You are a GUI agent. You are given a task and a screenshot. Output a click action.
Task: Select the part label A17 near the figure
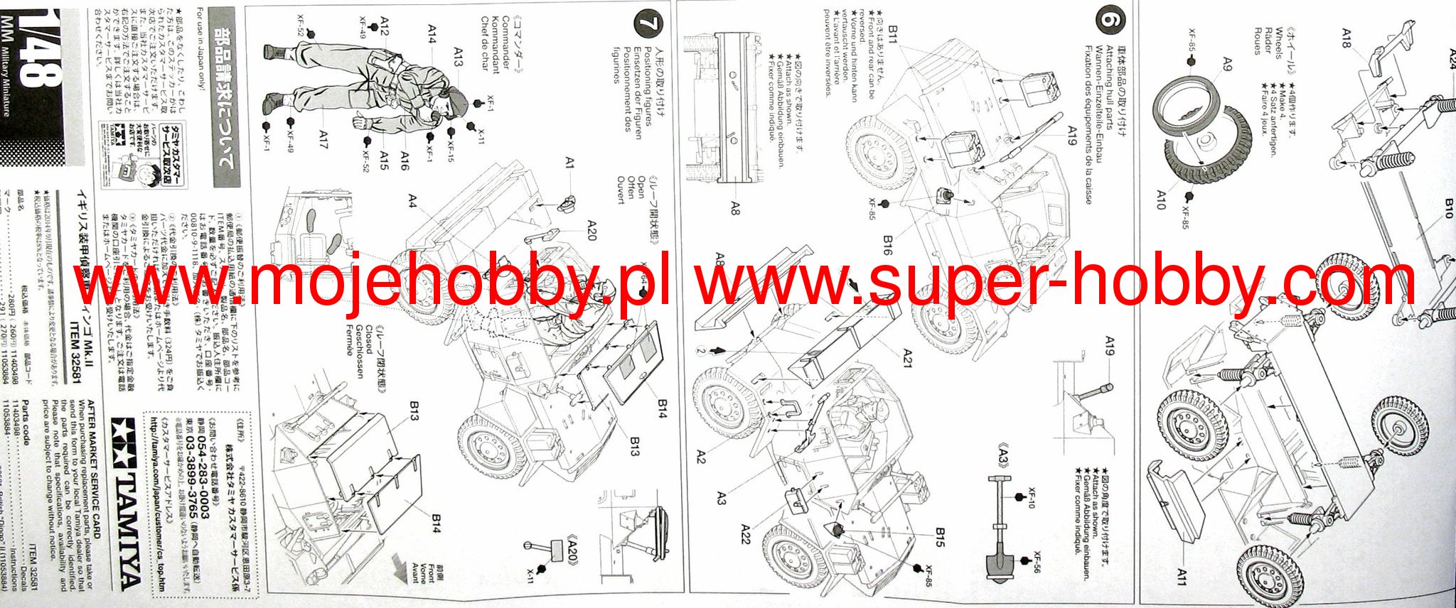[x=323, y=138]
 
